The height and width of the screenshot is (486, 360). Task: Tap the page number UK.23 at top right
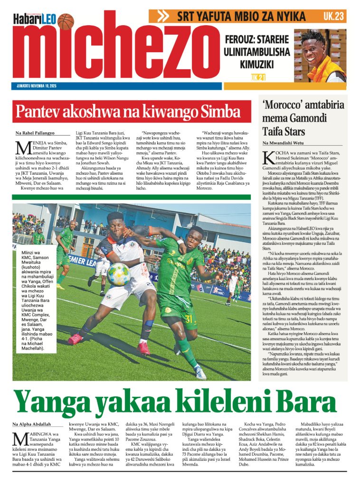(x=333, y=16)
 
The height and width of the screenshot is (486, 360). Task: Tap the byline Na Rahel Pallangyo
(x=35, y=133)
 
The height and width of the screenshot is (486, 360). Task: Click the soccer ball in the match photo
(x=118, y=274)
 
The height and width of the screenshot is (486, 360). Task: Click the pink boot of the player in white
(x=75, y=339)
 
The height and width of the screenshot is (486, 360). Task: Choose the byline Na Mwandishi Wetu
(x=284, y=143)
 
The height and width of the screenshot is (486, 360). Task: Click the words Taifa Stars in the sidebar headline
(x=284, y=131)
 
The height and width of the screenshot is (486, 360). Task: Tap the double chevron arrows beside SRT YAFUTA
(x=163, y=16)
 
